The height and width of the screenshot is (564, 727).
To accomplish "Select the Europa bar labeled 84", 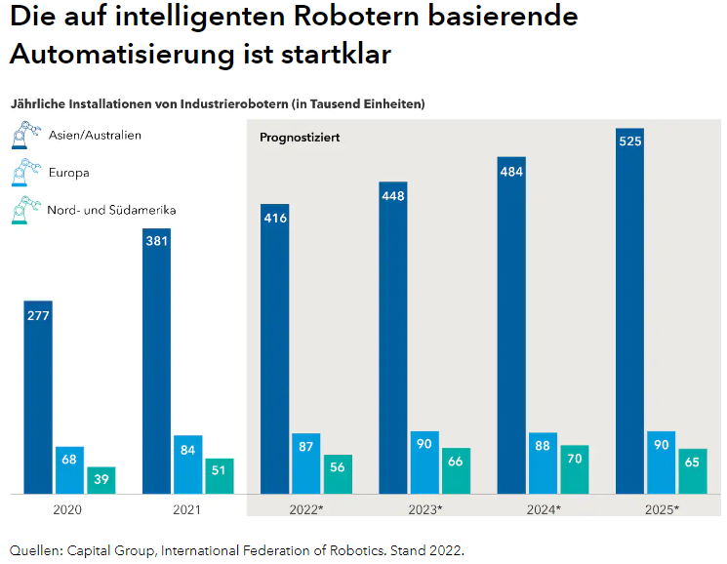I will (188, 464).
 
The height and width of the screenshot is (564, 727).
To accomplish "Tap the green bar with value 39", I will (101, 480).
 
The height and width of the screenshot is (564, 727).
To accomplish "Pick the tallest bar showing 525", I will (630, 312).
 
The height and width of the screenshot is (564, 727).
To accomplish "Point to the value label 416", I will (274, 218).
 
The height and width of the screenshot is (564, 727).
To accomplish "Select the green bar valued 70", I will (574, 469).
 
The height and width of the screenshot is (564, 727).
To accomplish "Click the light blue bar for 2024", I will (542, 463).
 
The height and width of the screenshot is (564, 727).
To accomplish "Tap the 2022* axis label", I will (306, 509).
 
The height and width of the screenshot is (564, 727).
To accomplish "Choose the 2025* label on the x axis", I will (663, 509).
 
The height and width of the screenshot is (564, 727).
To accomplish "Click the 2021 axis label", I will (187, 509).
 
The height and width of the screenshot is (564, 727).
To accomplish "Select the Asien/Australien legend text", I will (95, 136).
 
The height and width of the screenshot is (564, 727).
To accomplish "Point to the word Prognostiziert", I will (300, 138).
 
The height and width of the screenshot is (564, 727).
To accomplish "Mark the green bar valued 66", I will (456, 470).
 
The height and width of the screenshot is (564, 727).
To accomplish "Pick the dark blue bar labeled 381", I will (156, 361).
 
